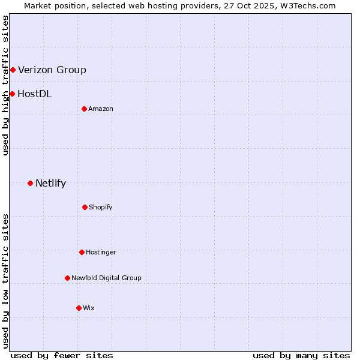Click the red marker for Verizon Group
(13, 70)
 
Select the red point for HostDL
(12, 94)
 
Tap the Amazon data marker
(84, 109)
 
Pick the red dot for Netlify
(30, 183)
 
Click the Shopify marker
(85, 207)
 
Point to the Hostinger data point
(82, 252)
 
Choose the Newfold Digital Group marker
(67, 278)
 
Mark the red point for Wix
(79, 308)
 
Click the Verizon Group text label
(52, 70)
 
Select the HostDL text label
(34, 94)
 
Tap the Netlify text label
(50, 184)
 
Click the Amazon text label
(101, 109)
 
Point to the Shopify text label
(101, 207)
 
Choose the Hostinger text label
(101, 252)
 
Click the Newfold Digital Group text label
(106, 278)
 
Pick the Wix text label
(89, 308)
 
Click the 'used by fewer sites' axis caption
(62, 355)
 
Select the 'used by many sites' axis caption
(301, 355)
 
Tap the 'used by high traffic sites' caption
(5, 85)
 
